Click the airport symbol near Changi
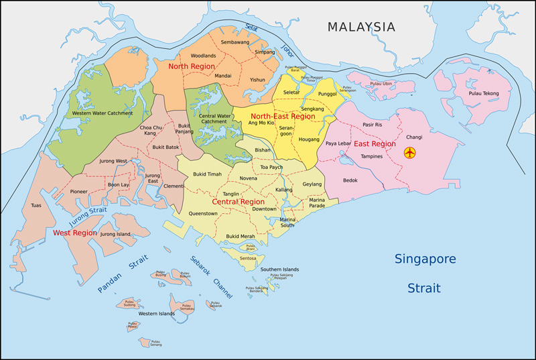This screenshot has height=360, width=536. coord(410,153)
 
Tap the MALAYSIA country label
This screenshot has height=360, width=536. coord(361,27)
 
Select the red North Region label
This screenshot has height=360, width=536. coord(191,66)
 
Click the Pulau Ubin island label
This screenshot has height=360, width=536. coord(379,84)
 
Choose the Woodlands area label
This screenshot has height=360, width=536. coord(203,56)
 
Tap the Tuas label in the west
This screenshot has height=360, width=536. coord(36,205)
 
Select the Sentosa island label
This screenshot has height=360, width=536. coord(248,258)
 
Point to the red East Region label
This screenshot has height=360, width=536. coord(375,144)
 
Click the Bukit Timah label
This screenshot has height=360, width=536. coord(207,174)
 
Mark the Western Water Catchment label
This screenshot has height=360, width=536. coord(103,113)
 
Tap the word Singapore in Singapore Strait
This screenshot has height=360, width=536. coord(425,259)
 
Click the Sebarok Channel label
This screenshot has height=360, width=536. coord(212,276)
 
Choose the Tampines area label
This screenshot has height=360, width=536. coord(371,156)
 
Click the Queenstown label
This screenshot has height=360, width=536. coord(203,214)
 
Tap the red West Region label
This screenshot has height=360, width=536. coord(75,233)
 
